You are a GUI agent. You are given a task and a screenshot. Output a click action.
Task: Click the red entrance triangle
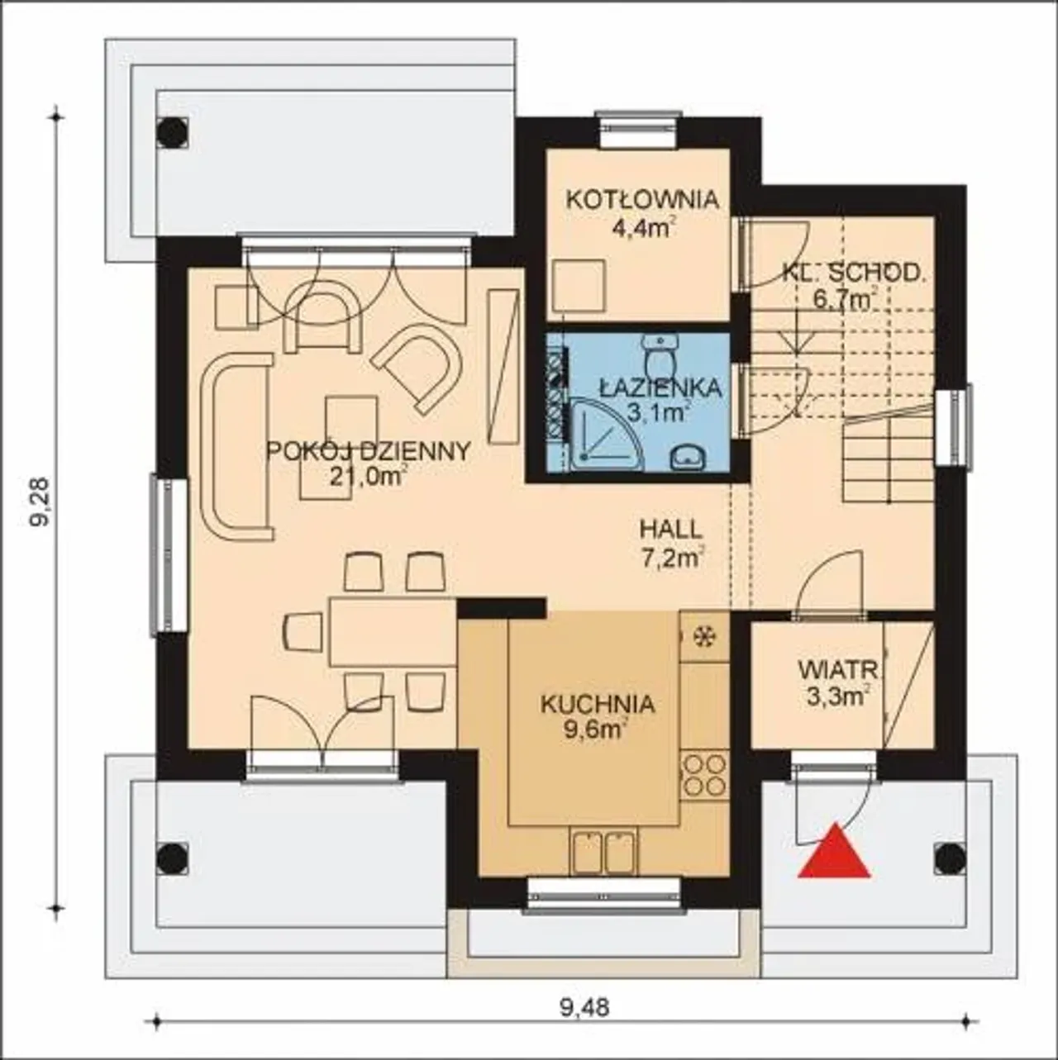(835, 858)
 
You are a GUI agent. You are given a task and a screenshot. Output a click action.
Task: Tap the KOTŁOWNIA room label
(643, 199)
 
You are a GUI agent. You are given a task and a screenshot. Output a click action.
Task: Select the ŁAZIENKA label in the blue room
(660, 387)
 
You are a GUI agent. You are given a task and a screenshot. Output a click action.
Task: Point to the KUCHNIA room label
(598, 705)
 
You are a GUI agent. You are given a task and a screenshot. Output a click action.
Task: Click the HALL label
(671, 530)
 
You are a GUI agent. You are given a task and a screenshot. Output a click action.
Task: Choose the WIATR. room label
(841, 671)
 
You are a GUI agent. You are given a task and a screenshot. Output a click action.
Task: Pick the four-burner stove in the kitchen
(704, 776)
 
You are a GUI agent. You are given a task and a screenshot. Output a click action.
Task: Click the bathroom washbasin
(688, 458)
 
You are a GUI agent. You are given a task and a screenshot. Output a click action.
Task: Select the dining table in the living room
(393, 632)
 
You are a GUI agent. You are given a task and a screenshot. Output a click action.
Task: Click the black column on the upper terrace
(172, 132)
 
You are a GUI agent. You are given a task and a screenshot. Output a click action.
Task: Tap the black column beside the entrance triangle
(950, 858)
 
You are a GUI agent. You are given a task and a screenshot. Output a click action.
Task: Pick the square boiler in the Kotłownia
(579, 286)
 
